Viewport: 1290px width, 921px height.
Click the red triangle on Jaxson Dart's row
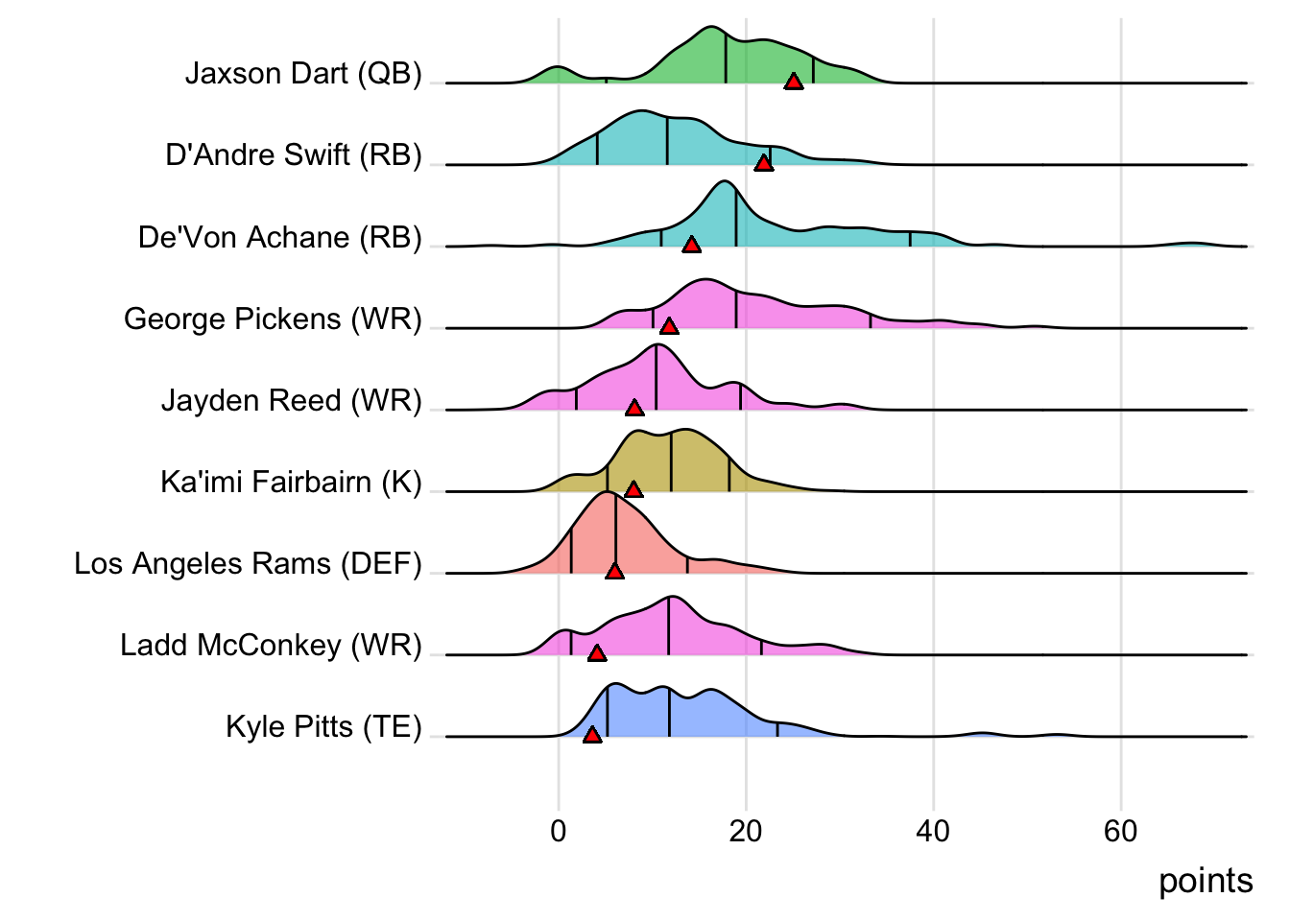pyautogui.click(x=793, y=82)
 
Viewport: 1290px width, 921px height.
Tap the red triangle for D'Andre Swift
pyautogui.click(x=763, y=163)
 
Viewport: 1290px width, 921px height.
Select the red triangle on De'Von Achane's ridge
pyautogui.click(x=691, y=245)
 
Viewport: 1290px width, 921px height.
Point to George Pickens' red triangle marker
pyautogui.click(x=669, y=326)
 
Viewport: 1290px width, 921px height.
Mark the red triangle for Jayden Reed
pyautogui.click(x=633, y=408)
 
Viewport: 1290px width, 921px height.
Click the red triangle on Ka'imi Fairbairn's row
pyautogui.click(x=633, y=489)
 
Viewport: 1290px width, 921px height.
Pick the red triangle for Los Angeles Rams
pyautogui.click(x=614, y=571)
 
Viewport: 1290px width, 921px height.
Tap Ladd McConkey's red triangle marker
pyautogui.click(x=597, y=653)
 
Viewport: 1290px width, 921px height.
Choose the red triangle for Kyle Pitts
pyautogui.click(x=592, y=735)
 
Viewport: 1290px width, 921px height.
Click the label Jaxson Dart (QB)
pyautogui.click(x=303, y=74)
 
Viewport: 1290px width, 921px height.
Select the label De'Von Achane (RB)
pyautogui.click(x=279, y=237)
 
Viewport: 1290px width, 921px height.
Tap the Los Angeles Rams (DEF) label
pyautogui.click(x=248, y=563)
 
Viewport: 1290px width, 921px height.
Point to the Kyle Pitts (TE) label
pyautogui.click(x=323, y=726)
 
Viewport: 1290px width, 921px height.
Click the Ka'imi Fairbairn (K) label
pyautogui.click(x=291, y=482)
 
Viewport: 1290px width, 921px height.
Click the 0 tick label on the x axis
pyautogui.click(x=559, y=831)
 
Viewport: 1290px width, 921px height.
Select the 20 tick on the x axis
pyautogui.click(x=746, y=831)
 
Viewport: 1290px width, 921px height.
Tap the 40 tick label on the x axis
pyautogui.click(x=933, y=831)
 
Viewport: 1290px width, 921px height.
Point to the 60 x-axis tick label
pyautogui.click(x=1120, y=831)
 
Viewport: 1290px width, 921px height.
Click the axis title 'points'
pyautogui.click(x=1206, y=881)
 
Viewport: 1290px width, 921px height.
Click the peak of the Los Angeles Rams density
pyautogui.click(x=607, y=492)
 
